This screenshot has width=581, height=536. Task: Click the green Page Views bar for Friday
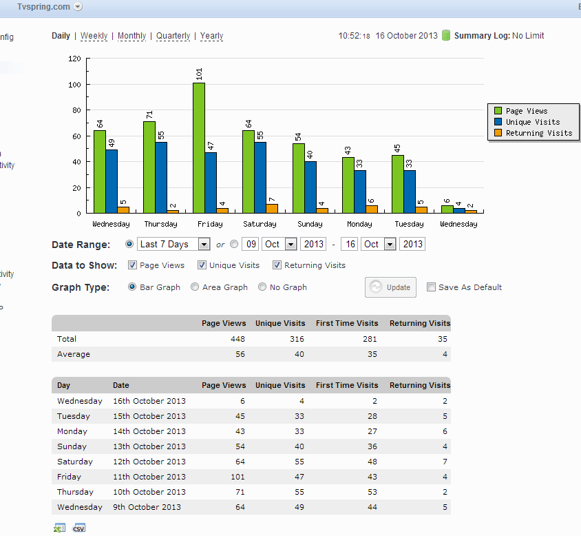coord(199,148)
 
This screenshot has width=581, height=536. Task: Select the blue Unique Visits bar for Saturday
coord(260,178)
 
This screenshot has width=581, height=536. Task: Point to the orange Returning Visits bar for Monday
coord(372,209)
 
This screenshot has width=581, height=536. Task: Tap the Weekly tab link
coord(94,36)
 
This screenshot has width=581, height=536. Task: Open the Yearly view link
coord(211,36)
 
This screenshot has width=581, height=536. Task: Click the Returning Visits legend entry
coord(534,133)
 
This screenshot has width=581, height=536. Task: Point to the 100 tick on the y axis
coord(74,85)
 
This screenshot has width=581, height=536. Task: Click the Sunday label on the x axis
coord(310,224)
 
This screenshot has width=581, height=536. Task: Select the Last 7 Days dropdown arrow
coord(204,245)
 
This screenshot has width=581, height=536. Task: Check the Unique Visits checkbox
coord(202,265)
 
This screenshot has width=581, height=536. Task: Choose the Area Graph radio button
coord(195,287)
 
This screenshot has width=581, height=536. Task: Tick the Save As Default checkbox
coord(431,287)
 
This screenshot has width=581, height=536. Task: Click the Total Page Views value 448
coord(237,339)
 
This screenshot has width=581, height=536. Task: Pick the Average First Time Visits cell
coord(372,354)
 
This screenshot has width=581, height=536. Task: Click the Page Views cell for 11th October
coord(237,477)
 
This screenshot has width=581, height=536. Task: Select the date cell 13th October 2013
coord(149,446)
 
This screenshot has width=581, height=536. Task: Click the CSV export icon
coord(79,528)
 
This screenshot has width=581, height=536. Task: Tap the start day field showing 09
coord(251,244)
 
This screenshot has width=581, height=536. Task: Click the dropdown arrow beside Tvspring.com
coord(78,7)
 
